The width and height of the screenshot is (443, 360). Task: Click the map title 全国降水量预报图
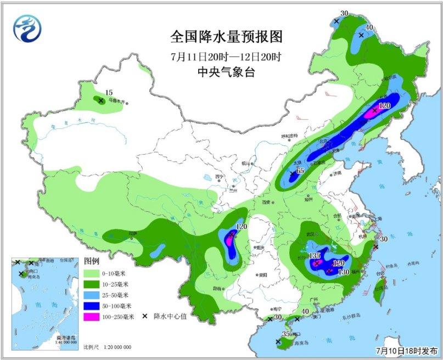pyautogui.click(x=226, y=37)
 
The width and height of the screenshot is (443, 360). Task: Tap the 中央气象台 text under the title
pyautogui.click(x=226, y=71)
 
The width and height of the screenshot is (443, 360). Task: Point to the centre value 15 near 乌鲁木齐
pyautogui.click(x=109, y=93)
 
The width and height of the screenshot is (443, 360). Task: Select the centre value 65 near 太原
pyautogui.click(x=300, y=171)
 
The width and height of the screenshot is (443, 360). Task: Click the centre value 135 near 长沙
pyautogui.click(x=315, y=256)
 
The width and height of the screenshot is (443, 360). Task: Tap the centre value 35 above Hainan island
pyautogui.click(x=285, y=334)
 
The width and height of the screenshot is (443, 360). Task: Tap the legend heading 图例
pyautogui.click(x=92, y=260)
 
